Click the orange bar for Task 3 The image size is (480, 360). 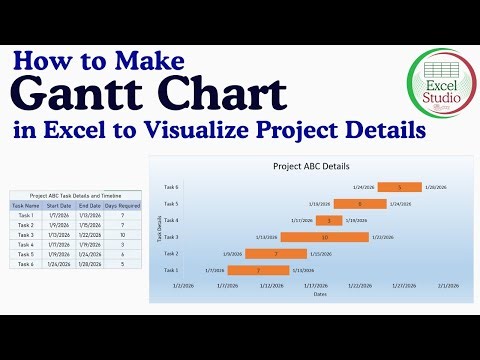[x=324, y=237]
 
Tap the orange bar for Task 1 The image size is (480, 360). [x=258, y=270]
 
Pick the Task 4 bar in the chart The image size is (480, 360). [x=329, y=220]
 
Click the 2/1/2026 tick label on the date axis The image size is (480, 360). [x=446, y=284]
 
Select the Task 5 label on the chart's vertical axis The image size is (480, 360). [x=171, y=203]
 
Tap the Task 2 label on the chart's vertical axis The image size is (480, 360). [x=171, y=253]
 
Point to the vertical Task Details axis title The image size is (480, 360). [x=159, y=229]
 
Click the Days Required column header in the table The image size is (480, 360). [x=121, y=205]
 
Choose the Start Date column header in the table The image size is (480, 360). [x=58, y=205]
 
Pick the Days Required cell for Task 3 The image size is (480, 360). [x=121, y=234]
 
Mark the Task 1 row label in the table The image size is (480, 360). [x=26, y=215]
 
